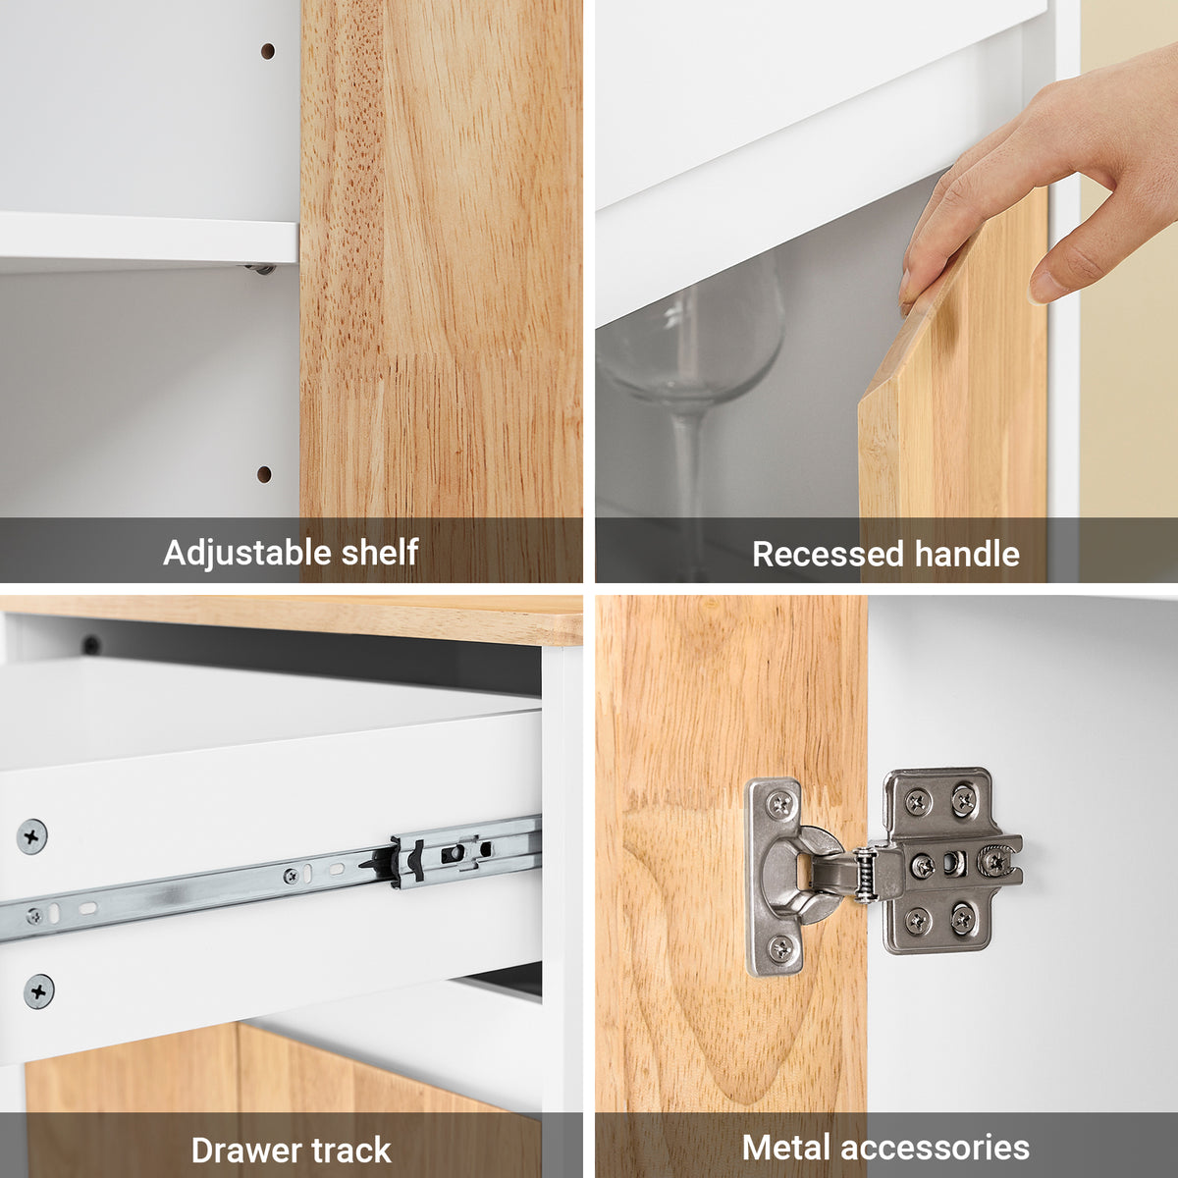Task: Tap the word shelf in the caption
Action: (x=380, y=552)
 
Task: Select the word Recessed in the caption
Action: (x=828, y=555)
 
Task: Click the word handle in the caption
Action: (x=967, y=554)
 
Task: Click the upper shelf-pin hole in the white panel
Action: (x=267, y=51)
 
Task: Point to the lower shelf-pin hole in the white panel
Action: (x=264, y=474)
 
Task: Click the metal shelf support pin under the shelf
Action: (x=261, y=268)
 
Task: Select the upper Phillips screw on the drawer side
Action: (x=31, y=836)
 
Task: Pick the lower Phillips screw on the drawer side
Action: (x=39, y=991)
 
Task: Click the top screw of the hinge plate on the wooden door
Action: (x=780, y=804)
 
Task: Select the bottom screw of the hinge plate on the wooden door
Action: (x=780, y=948)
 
